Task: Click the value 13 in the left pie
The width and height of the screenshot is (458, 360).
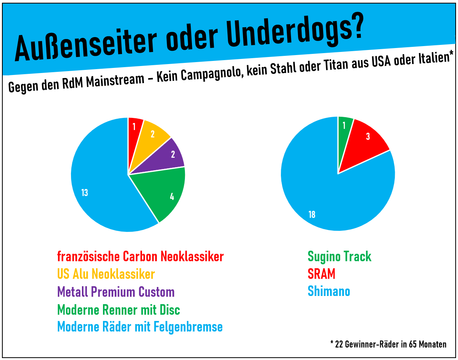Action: tap(85, 192)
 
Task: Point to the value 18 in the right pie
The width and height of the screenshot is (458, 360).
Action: tap(312, 214)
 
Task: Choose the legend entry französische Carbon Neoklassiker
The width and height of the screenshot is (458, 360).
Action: tap(140, 257)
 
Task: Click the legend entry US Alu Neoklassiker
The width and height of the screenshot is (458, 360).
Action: tap(106, 274)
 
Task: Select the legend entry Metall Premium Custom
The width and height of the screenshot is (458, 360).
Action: tap(116, 292)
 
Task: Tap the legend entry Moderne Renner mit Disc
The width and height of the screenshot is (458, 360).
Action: tap(119, 310)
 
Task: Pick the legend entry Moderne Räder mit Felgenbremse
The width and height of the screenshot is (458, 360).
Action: tap(140, 327)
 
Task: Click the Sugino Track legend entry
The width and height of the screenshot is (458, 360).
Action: tap(339, 257)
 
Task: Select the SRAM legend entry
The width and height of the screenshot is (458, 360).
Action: tap(321, 274)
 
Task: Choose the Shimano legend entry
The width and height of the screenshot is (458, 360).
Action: tap(329, 291)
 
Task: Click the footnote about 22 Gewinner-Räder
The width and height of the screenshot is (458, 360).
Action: tap(388, 344)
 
